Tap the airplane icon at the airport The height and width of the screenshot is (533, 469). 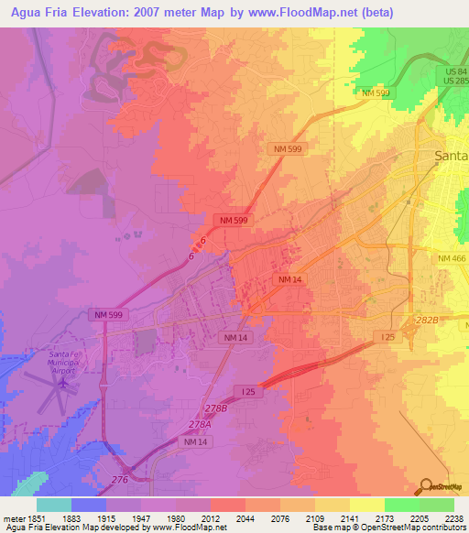(62, 385)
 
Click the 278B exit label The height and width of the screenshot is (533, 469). (215, 408)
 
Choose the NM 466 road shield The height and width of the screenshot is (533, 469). (452, 259)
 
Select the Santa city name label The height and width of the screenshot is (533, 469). (450, 156)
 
